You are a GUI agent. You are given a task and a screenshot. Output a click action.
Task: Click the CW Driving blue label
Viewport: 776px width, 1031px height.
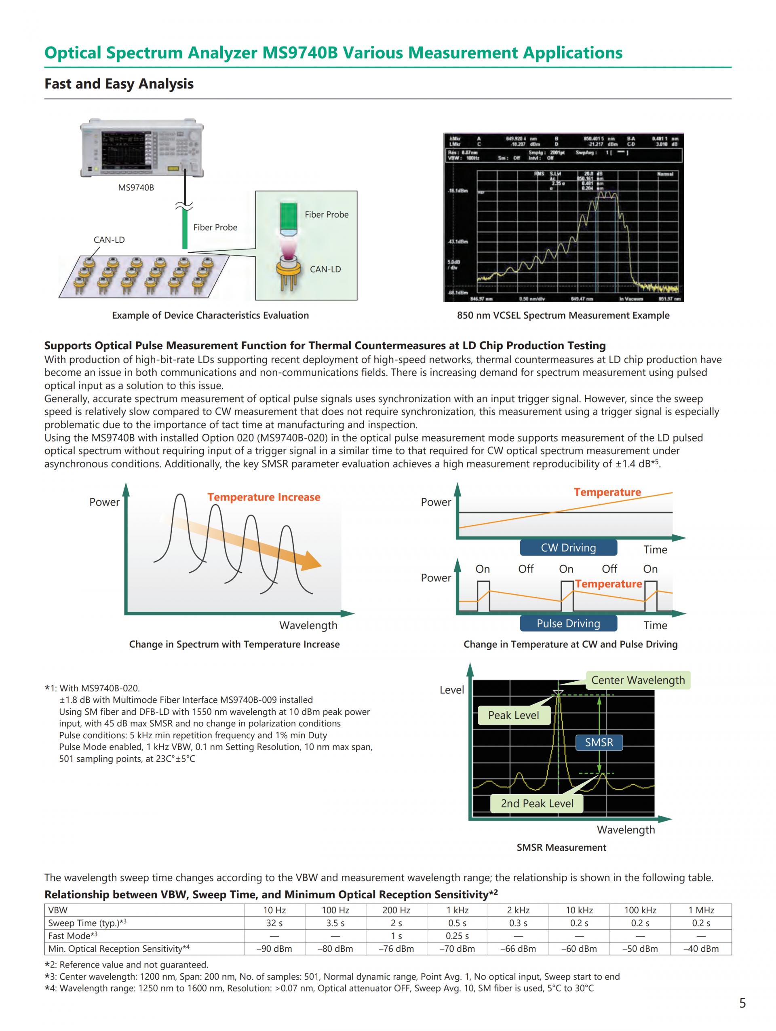click(x=568, y=548)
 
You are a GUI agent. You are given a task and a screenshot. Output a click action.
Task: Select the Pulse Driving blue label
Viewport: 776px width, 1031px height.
click(x=568, y=623)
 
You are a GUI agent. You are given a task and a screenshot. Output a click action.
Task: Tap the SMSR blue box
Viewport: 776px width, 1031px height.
click(x=599, y=742)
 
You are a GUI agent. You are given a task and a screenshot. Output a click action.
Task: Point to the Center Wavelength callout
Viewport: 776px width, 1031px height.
click(x=638, y=680)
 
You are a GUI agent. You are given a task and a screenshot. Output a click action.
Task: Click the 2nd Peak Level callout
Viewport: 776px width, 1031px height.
click(x=537, y=803)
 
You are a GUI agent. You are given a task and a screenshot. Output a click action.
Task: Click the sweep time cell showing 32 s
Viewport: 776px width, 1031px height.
click(x=274, y=923)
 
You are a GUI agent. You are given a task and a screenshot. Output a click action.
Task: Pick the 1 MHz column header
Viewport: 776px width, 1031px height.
click(x=700, y=910)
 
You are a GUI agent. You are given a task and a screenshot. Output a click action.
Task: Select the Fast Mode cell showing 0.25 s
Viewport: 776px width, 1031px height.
click(x=457, y=936)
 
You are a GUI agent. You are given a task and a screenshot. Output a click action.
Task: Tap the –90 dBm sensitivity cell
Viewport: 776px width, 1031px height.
click(x=274, y=949)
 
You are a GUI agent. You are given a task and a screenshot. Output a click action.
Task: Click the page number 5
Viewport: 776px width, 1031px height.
click(x=742, y=1002)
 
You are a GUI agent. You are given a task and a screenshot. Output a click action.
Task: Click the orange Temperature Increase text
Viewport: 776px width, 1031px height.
click(x=264, y=497)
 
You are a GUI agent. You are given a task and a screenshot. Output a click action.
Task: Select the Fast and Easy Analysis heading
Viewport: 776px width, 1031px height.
click(x=119, y=84)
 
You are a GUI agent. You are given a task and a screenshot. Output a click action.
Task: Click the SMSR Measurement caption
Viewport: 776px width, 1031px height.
click(x=561, y=847)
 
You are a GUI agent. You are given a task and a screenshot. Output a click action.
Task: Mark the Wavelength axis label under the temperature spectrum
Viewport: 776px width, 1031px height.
click(x=308, y=625)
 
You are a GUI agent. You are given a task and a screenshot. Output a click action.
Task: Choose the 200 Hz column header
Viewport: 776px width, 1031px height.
click(x=396, y=910)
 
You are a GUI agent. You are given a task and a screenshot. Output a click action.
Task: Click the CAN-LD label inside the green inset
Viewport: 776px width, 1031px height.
click(x=325, y=269)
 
